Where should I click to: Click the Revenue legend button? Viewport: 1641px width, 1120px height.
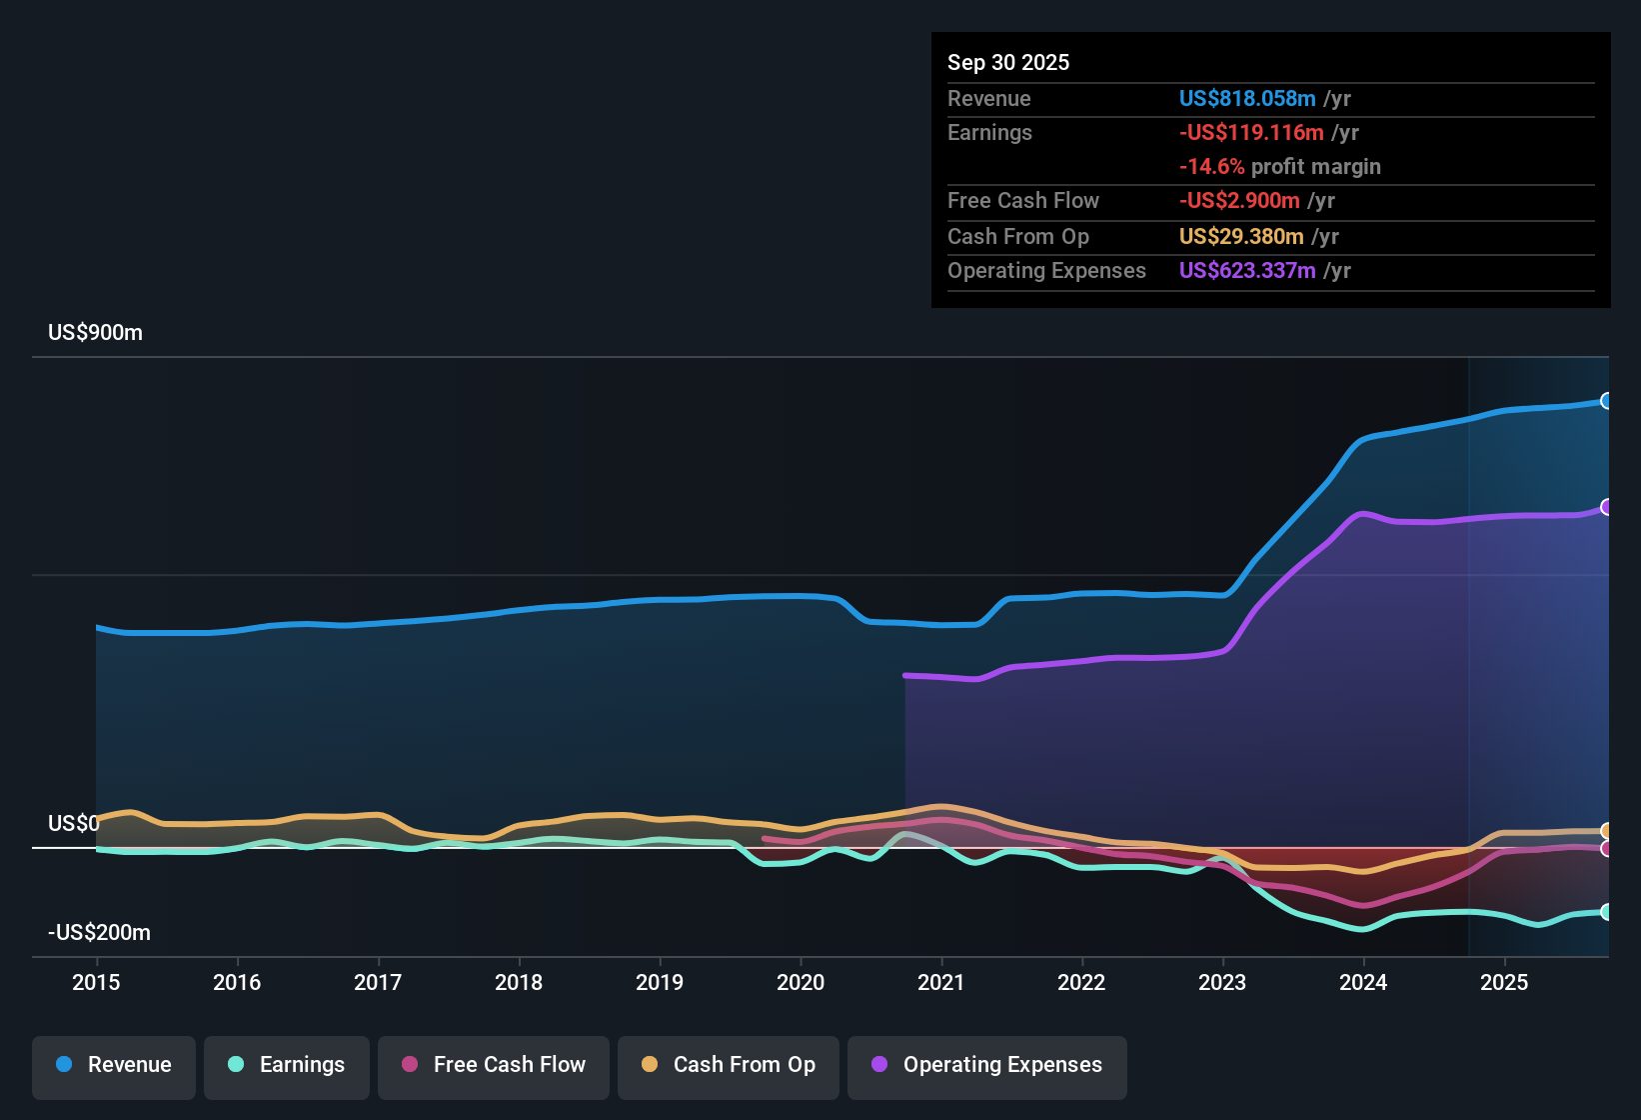pos(114,1065)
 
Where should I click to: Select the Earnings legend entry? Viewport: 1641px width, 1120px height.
pos(287,1065)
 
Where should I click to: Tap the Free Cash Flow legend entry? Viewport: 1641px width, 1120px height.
pos(494,1065)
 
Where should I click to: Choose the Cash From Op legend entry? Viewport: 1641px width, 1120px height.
pos(729,1065)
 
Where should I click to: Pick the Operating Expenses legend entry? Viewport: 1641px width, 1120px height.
pos(987,1065)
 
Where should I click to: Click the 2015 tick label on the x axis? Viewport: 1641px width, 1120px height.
pos(96,983)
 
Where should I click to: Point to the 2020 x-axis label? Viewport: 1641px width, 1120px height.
pos(801,983)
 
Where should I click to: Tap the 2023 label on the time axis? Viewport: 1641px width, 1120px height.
pos(1222,983)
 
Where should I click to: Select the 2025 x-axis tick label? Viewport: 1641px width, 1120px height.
pos(1504,983)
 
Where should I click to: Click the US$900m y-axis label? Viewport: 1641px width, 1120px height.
pos(96,333)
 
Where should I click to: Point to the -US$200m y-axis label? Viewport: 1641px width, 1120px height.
pos(100,933)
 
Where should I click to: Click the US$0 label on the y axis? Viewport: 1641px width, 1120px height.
pos(74,824)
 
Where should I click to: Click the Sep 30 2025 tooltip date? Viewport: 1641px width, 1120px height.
pos(1008,63)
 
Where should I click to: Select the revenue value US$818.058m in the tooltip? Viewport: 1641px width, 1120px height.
pos(1247,99)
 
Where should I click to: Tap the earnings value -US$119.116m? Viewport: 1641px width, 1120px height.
pos(1251,133)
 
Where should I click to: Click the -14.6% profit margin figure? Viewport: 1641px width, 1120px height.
pos(1212,167)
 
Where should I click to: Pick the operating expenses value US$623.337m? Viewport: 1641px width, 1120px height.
pos(1247,271)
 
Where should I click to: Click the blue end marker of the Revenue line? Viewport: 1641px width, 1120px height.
pos(1606,401)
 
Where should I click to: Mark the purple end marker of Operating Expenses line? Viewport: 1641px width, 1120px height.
pos(1606,507)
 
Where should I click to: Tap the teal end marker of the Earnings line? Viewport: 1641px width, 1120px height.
pos(1606,912)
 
